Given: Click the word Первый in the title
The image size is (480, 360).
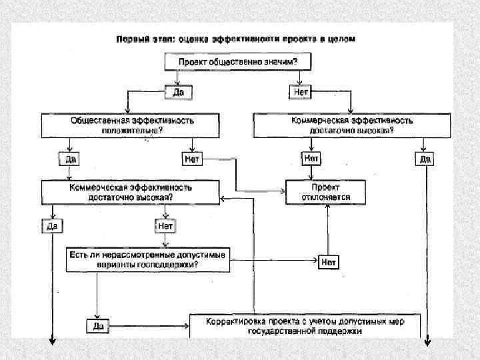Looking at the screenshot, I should coord(133,39).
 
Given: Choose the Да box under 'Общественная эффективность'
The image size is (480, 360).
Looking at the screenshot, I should coord(69,159).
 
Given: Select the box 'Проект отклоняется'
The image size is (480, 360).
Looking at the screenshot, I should coord(326,192).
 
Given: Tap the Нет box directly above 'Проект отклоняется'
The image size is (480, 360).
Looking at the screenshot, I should coord(311,159).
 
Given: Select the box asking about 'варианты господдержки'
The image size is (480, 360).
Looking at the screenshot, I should coord(147,259).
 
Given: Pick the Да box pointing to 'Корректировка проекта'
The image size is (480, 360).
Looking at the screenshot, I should coord(96,326).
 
